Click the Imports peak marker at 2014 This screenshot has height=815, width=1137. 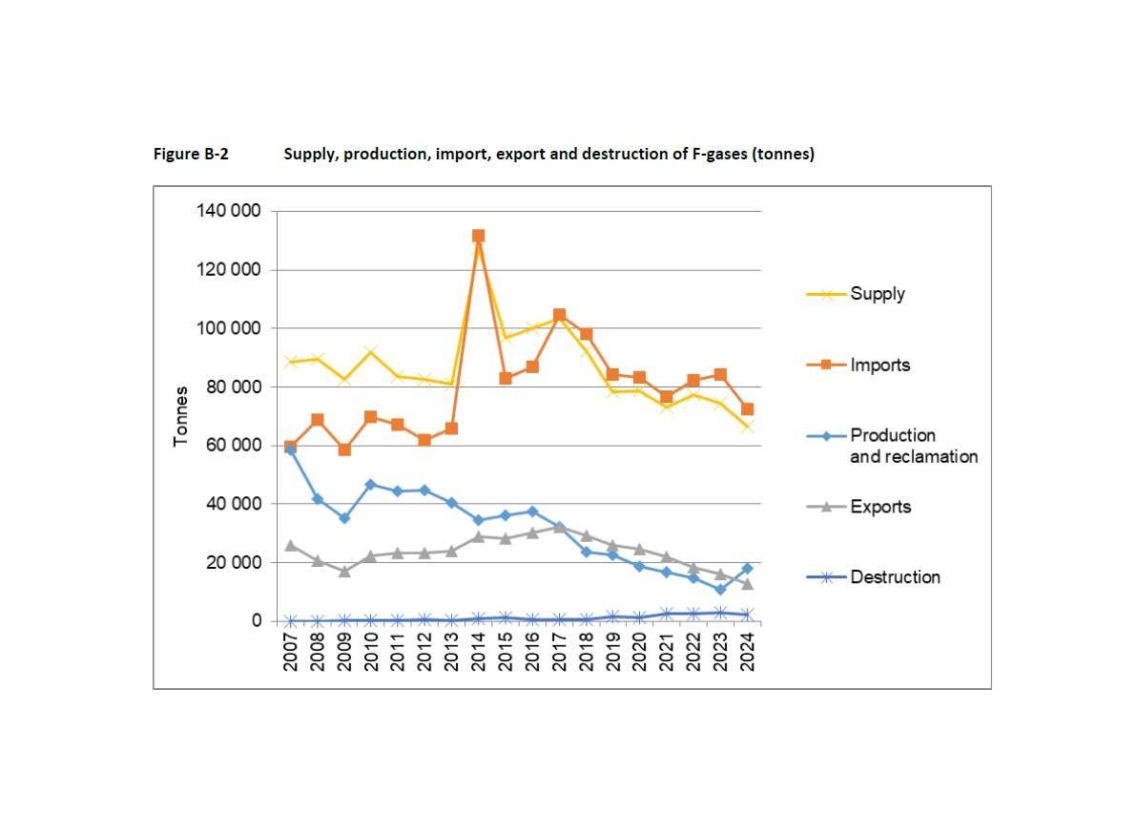click(478, 236)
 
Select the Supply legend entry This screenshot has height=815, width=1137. click(877, 294)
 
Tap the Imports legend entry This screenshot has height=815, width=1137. click(879, 365)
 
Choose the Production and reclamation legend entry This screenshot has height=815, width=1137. click(913, 446)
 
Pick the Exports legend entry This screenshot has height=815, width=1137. click(879, 507)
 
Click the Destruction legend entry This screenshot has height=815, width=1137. click(895, 577)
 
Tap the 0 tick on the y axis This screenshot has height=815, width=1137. click(255, 621)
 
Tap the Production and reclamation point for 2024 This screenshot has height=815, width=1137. click(748, 569)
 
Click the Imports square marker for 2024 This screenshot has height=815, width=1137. click(748, 409)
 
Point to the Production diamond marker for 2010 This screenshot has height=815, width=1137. click(371, 485)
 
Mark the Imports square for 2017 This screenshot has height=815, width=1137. click(559, 315)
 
